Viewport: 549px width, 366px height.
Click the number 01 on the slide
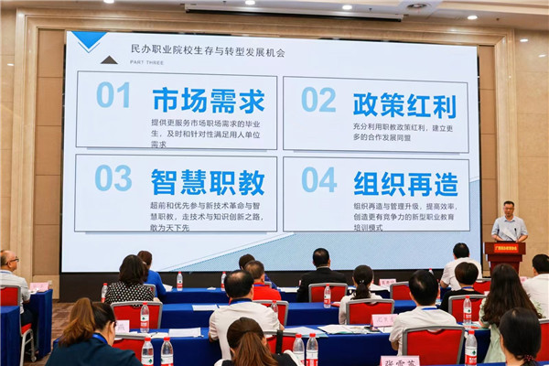coord(113,95)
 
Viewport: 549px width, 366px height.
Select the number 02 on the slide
coord(318,99)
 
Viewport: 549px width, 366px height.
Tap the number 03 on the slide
coord(113,178)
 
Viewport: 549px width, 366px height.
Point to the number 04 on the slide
coord(318,179)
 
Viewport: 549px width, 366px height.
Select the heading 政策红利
coord(404,103)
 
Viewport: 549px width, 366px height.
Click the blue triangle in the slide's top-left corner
coord(89,39)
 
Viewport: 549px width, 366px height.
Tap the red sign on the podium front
coord(504,248)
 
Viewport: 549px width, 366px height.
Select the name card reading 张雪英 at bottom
coord(400,361)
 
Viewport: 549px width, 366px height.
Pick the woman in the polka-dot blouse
coord(130,280)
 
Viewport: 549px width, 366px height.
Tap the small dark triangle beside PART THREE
coord(109,59)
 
